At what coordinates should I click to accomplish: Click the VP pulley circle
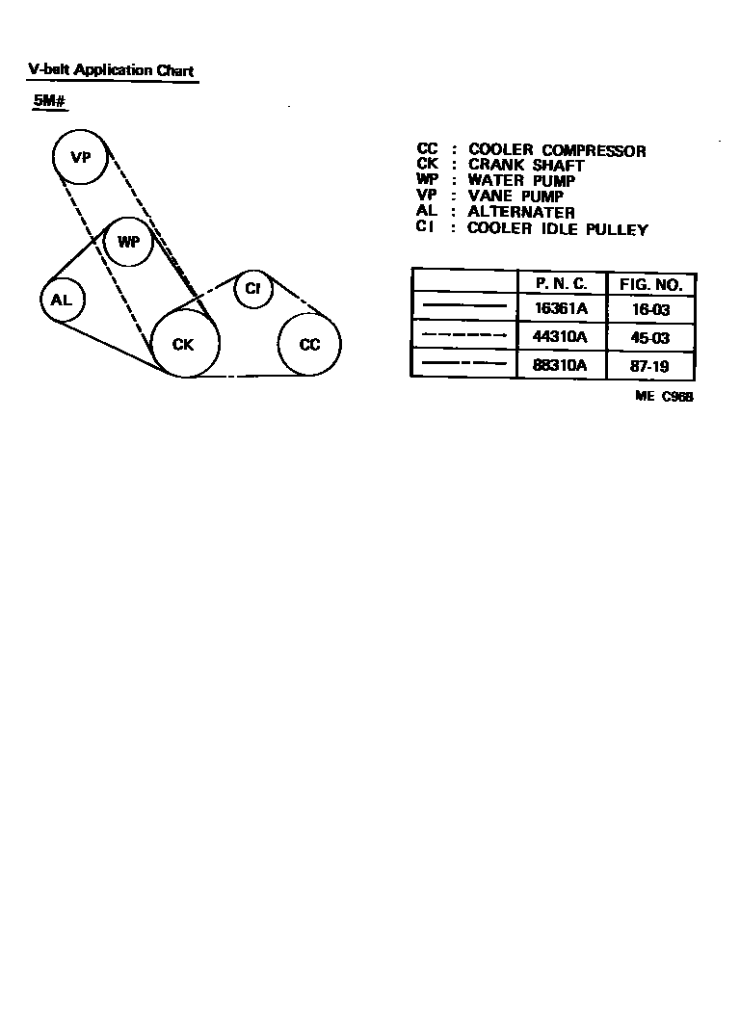(x=80, y=157)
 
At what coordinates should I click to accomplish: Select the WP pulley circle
(x=128, y=242)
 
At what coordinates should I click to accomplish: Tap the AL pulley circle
(x=62, y=301)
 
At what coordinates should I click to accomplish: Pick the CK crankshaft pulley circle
(x=182, y=344)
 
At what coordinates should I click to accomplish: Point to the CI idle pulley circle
(x=253, y=288)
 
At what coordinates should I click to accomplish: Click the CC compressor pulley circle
(x=309, y=344)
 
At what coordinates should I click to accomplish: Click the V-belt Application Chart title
(x=111, y=70)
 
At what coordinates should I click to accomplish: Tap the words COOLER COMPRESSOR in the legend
(x=557, y=150)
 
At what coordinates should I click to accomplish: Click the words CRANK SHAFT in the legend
(x=526, y=166)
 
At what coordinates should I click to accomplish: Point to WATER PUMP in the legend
(x=521, y=181)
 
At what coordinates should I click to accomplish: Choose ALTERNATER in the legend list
(x=521, y=212)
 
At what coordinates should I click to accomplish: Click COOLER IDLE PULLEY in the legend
(x=557, y=229)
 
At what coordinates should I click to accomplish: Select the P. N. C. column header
(x=562, y=285)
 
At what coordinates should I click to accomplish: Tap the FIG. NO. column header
(x=650, y=285)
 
